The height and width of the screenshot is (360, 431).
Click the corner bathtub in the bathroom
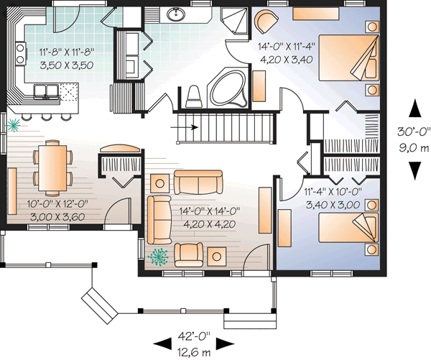coord(226,88)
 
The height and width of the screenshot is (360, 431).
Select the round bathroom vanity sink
coord(175,14)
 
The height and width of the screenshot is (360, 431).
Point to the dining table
coord(52,167)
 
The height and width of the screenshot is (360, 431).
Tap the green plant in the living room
coord(156,254)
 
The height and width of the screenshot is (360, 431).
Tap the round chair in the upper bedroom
coord(267,22)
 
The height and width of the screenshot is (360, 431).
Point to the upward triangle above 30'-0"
coord(414,108)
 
